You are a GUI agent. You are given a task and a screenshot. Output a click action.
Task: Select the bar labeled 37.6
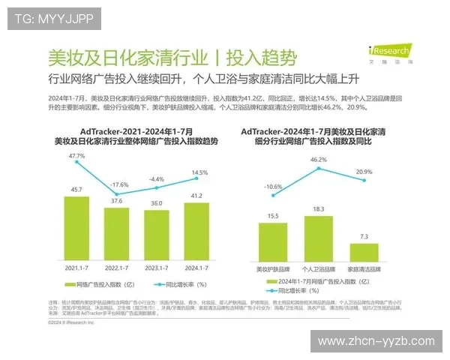click(x=116, y=233)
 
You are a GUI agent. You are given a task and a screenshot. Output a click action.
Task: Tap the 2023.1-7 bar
click(x=156, y=235)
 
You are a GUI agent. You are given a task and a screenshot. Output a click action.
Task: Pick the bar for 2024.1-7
click(x=196, y=230)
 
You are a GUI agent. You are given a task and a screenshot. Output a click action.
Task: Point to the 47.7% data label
click(x=76, y=156)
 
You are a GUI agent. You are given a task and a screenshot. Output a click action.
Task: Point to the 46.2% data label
click(x=318, y=160)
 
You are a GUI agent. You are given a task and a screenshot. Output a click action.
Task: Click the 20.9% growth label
click(x=364, y=172)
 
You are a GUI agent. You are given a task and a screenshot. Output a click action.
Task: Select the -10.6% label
click(x=274, y=187)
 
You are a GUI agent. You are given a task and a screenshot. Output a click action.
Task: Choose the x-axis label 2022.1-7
click(x=116, y=267)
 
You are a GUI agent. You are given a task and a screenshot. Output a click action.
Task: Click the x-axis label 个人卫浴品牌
click(x=318, y=268)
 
